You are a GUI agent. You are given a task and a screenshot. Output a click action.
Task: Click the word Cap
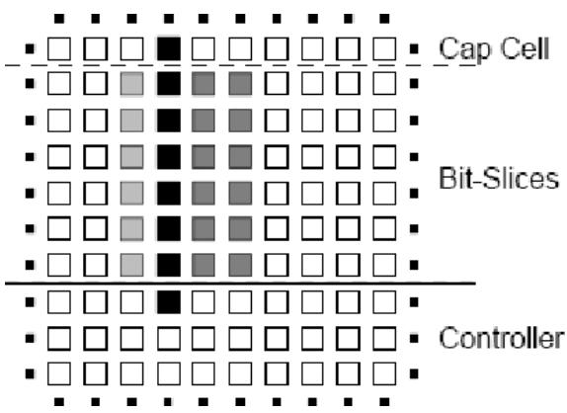[x=463, y=48]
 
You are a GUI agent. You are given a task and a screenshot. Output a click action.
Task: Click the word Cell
[x=522, y=48]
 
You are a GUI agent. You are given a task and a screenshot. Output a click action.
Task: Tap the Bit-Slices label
[x=499, y=178]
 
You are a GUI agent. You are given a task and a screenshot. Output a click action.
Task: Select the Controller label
[x=502, y=338]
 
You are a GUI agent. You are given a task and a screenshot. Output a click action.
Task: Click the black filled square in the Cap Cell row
[x=169, y=48]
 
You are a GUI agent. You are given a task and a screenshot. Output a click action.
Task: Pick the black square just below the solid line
[x=169, y=302]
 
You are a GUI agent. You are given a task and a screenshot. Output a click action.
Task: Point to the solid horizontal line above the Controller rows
[x=240, y=284]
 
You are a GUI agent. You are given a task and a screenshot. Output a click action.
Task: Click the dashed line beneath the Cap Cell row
[x=240, y=65]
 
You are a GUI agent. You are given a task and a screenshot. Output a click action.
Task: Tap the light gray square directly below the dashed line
[x=131, y=84]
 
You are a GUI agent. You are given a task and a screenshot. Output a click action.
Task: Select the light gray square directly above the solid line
[x=131, y=265]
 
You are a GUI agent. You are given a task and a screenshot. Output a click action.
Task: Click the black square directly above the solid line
[x=169, y=265]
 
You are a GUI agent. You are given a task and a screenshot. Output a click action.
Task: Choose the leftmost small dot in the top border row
[x=59, y=19]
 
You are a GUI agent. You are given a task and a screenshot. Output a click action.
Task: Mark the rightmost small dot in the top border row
[x=385, y=19]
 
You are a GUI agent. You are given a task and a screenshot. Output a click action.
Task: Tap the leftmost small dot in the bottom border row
[x=59, y=402]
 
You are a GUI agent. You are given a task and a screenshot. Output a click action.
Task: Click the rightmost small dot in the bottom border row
[x=385, y=402]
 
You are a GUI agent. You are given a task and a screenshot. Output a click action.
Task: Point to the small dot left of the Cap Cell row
[x=30, y=48]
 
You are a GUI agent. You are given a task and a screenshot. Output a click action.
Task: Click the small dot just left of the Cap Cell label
[x=414, y=48]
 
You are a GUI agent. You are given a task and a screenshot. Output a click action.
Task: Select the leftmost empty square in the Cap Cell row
[x=59, y=48]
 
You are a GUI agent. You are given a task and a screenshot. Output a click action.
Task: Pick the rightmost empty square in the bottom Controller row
[x=384, y=373]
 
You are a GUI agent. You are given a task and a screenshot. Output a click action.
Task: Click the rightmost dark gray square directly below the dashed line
[x=240, y=84]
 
